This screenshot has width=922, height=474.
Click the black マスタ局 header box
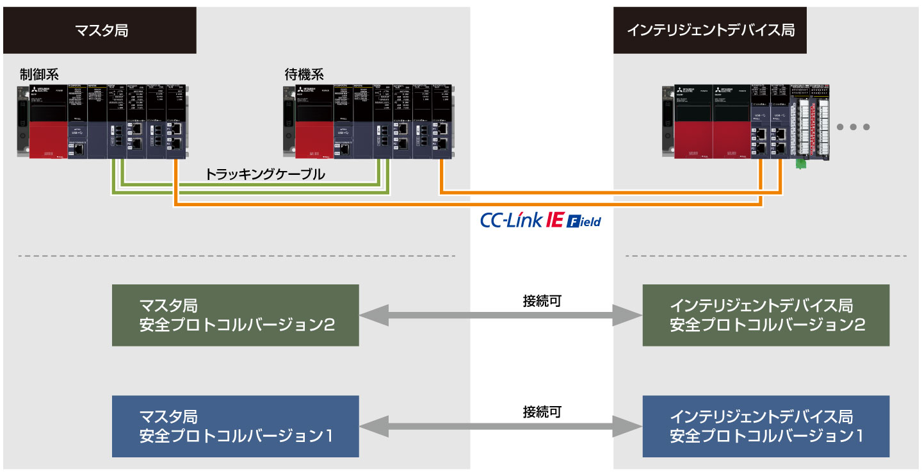(x=99, y=30)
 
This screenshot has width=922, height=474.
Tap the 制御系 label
(x=40, y=74)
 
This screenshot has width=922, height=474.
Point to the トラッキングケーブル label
(x=265, y=174)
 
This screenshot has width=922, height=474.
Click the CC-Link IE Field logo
(x=541, y=221)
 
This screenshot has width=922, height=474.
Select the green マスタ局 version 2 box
(x=235, y=315)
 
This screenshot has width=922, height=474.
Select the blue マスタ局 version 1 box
(x=235, y=427)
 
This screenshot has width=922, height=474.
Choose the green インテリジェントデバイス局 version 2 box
(x=766, y=315)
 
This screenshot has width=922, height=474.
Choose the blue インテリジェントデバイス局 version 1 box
(x=766, y=427)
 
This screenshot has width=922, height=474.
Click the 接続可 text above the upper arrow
(x=542, y=300)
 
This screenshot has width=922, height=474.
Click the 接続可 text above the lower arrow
(x=542, y=411)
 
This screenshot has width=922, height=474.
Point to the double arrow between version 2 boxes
(x=501, y=315)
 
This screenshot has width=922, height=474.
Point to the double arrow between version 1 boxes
(x=501, y=427)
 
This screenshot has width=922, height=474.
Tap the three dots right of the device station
(x=852, y=127)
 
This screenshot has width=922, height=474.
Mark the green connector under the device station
(x=800, y=164)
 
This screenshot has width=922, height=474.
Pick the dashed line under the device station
(x=766, y=256)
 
